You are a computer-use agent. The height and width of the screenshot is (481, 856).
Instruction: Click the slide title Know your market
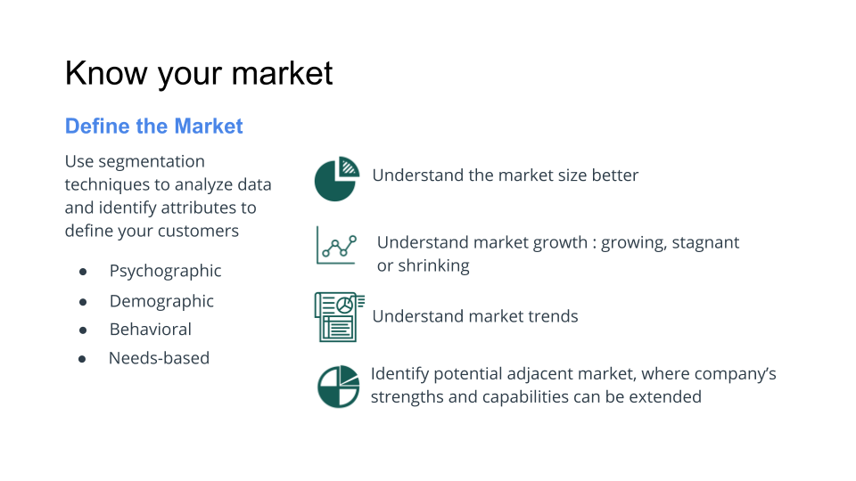click(199, 73)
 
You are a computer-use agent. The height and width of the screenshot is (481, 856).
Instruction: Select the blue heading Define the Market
click(153, 126)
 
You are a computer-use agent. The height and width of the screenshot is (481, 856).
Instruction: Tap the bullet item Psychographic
click(165, 271)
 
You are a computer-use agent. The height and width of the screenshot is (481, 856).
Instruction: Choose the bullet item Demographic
click(161, 301)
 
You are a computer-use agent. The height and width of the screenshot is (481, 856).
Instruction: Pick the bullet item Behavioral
click(150, 330)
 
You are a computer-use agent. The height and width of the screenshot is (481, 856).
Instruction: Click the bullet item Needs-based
click(159, 358)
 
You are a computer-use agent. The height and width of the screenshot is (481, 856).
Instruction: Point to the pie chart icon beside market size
click(336, 179)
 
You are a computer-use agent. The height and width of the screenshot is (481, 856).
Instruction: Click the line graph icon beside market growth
click(336, 245)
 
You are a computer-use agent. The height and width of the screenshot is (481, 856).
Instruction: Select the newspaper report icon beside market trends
click(339, 316)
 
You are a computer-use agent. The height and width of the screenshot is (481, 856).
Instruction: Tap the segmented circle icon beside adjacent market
click(338, 387)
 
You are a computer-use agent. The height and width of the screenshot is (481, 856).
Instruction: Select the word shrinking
click(433, 265)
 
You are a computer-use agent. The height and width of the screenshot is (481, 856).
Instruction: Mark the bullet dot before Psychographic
click(83, 272)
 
